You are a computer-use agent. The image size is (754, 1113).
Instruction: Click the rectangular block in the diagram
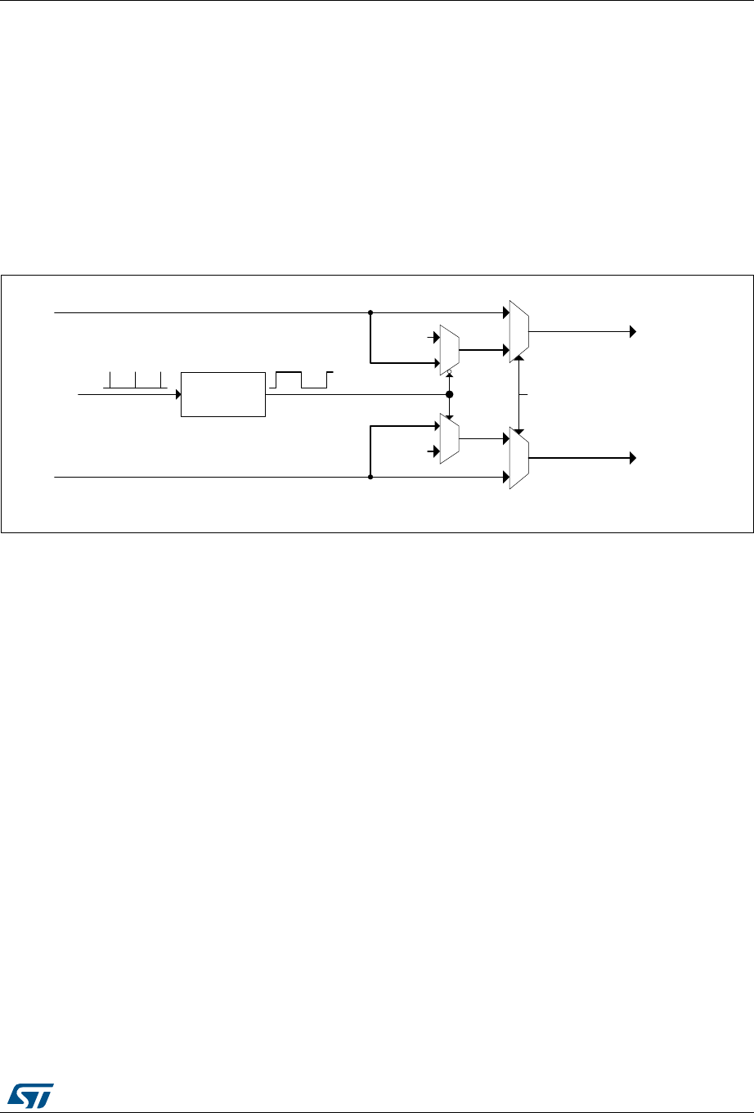pos(222,394)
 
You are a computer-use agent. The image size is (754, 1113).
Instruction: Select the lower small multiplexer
pos(449,438)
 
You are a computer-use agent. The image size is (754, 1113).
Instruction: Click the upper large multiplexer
pos(518,330)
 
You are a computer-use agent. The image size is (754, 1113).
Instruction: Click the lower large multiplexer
pos(518,459)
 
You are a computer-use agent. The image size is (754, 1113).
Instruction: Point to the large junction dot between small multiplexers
pos(449,394)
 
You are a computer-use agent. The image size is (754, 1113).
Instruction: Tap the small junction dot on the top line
pos(370,312)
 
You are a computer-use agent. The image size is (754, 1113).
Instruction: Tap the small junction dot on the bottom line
pos(370,476)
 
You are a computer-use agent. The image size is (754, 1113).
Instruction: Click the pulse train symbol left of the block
pos(136,379)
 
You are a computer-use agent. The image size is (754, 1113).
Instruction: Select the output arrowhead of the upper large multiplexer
pos(632,331)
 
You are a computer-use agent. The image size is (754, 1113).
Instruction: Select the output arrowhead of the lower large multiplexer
pos(632,458)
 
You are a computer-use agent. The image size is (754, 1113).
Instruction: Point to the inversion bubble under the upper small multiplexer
pos(449,371)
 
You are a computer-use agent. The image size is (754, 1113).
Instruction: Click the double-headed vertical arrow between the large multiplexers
pos(518,394)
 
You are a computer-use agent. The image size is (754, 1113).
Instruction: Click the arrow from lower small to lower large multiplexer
pos(482,438)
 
